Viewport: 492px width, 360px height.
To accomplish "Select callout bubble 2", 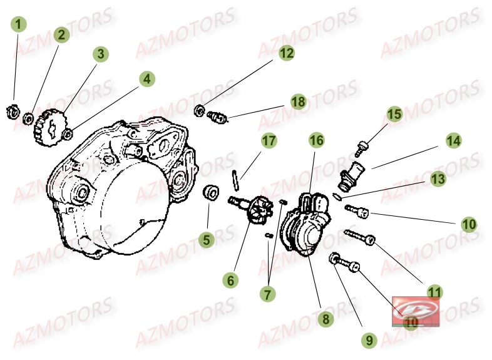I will coord(61,35).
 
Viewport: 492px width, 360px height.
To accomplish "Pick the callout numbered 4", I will coord(146,79).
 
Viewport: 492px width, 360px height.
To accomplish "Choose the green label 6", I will coord(232,281).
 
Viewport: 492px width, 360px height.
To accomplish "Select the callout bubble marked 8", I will coord(324,319).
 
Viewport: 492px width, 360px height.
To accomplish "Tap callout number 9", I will coord(369,340).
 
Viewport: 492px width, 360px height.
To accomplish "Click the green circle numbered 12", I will coord(286,53).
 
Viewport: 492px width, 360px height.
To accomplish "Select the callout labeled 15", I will coord(394,115).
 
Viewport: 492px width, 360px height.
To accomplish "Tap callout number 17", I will coord(269,141).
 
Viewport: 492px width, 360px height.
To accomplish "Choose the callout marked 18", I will coord(297,101).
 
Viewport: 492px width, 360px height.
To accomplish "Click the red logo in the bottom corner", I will coord(415,311).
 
